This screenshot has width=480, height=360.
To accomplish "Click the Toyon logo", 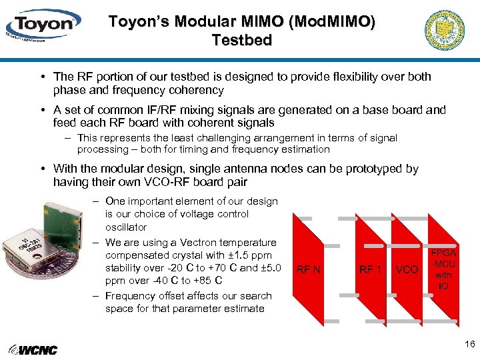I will pos(43,25).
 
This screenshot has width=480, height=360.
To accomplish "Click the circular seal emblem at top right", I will pos(445,31).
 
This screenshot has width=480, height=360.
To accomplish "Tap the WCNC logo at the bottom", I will pos(33,350).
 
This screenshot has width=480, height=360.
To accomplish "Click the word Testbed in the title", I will pos(242,40).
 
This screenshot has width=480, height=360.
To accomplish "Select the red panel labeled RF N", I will pos(308,270).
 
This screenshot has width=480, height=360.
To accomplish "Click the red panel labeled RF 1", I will pos(370,270).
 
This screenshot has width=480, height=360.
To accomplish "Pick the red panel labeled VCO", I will pos(407,269).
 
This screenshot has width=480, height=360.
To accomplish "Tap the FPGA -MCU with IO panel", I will pos(443,269).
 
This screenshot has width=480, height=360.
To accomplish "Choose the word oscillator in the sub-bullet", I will pos(126,227).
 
